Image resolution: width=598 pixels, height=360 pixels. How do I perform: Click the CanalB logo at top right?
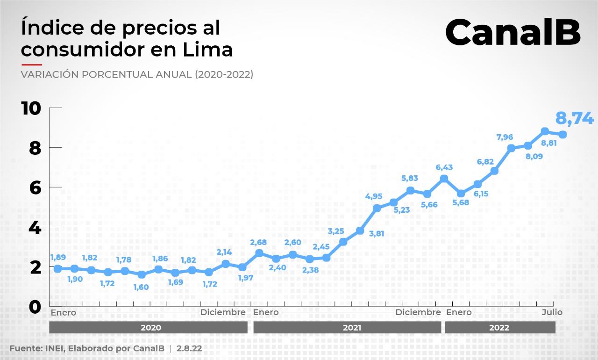(x=513, y=32)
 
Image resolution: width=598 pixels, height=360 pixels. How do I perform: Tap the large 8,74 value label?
(x=574, y=118)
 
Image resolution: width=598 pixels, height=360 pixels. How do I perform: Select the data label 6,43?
(x=444, y=167)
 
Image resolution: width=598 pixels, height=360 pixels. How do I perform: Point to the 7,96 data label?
(x=505, y=137)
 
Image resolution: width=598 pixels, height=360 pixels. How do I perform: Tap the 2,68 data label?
(x=259, y=242)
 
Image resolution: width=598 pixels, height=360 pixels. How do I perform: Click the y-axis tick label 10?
(x=31, y=108)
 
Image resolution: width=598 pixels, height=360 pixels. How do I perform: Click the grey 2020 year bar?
(x=148, y=328)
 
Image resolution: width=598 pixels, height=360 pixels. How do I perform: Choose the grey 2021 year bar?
(x=347, y=328)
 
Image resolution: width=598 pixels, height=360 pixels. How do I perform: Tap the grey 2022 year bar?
(x=500, y=328)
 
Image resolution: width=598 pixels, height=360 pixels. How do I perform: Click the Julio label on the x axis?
(x=552, y=312)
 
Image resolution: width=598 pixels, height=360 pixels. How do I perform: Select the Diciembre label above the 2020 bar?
(x=223, y=312)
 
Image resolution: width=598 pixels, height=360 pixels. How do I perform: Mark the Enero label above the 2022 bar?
(x=459, y=312)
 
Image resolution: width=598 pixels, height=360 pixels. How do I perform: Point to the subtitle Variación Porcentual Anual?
(x=137, y=75)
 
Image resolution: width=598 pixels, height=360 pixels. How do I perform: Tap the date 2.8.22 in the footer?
(x=189, y=349)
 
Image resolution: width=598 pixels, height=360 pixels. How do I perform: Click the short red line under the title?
(x=32, y=65)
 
